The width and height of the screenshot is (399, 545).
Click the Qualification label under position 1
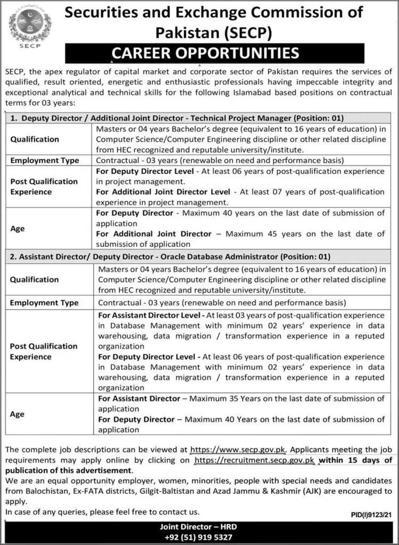pos(35,139)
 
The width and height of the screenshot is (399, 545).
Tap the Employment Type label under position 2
pos(44,303)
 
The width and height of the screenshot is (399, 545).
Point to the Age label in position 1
pos(17,228)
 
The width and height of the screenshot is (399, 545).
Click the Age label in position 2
pos(17,414)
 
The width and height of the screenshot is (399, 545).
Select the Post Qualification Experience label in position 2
pos(44,351)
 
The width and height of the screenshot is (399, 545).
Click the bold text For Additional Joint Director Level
pos(163,192)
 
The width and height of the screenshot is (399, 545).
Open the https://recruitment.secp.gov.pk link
pos(255,460)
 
